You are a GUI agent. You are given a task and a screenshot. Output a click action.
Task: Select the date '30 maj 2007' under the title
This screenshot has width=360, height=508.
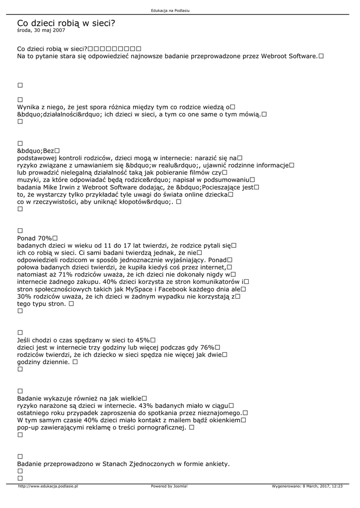coord(49,30)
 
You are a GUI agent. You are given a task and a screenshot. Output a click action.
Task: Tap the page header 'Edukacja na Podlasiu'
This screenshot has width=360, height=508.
coord(170,10)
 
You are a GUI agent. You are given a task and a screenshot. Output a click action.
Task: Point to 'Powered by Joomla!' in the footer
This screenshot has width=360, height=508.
coord(169,486)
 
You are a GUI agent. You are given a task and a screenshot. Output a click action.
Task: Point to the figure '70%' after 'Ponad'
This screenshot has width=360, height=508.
coord(48,238)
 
